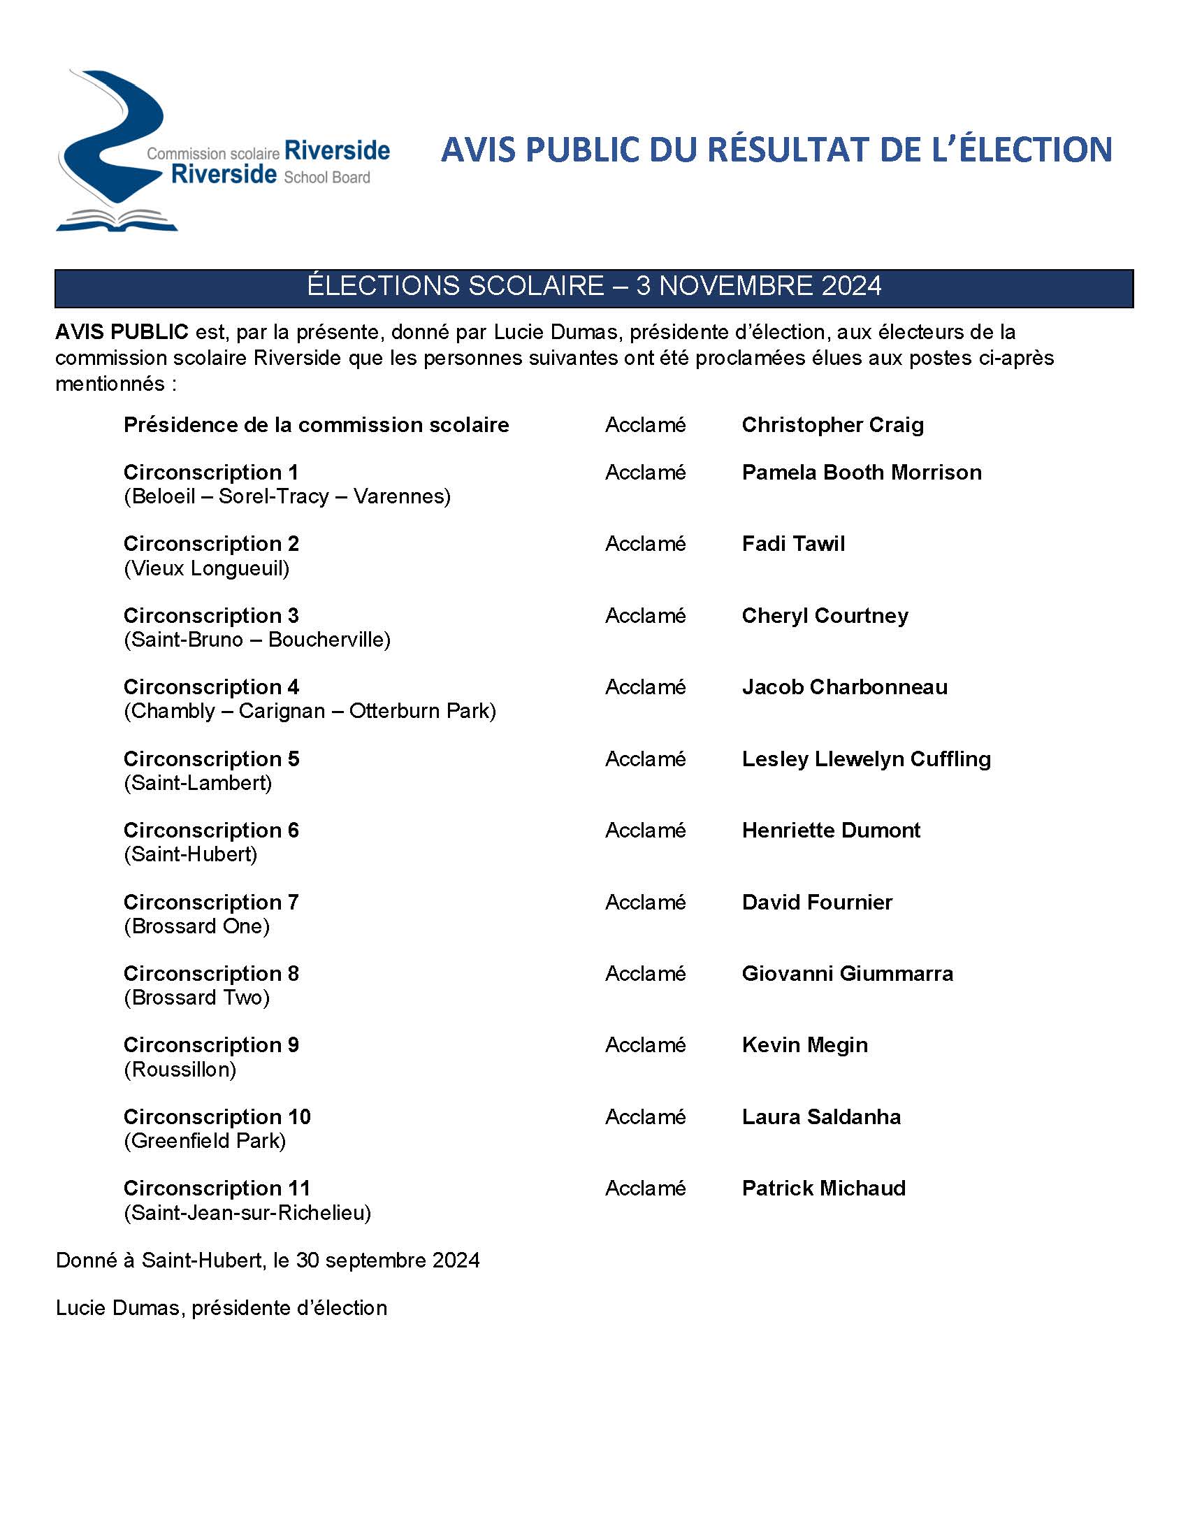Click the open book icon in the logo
pyautogui.click(x=117, y=220)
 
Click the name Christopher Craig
pyautogui.click(x=832, y=424)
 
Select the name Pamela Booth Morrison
pyautogui.click(x=862, y=472)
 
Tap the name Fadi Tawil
pyautogui.click(x=793, y=544)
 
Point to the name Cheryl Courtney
pyautogui.click(x=825, y=615)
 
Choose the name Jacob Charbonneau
pyautogui.click(x=845, y=687)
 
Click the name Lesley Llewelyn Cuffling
pyautogui.click(x=866, y=759)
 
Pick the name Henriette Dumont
pyautogui.click(x=830, y=831)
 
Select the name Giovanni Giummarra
pyautogui.click(x=848, y=973)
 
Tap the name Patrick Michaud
pyautogui.click(x=823, y=1188)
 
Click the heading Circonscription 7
pyautogui.click(x=211, y=902)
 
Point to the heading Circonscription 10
pyautogui.click(x=217, y=1117)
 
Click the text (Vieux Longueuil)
pyautogui.click(x=206, y=568)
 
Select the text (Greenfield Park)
pyautogui.click(x=205, y=1141)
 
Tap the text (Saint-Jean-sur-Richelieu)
pyautogui.click(x=247, y=1213)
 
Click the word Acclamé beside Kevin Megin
pyautogui.click(x=646, y=1045)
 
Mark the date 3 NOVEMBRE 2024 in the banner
pyautogui.click(x=759, y=286)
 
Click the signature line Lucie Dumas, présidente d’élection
pyautogui.click(x=221, y=1308)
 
